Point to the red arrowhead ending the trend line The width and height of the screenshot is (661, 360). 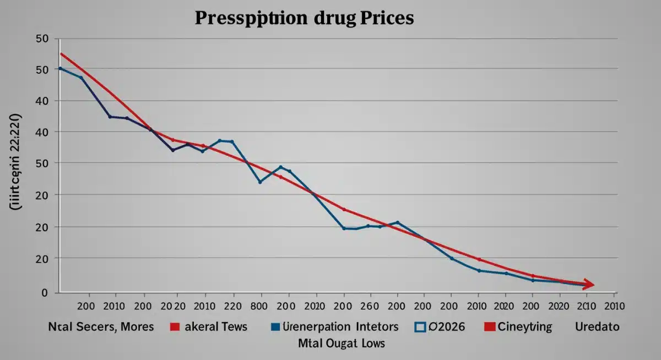pyautogui.click(x=589, y=285)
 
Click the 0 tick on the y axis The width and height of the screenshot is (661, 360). pyautogui.click(x=45, y=292)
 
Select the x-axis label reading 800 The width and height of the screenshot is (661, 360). pyautogui.click(x=259, y=305)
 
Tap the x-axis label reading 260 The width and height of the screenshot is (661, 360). pyautogui.click(x=370, y=305)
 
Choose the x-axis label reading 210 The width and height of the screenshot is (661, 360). pyautogui.click(x=586, y=305)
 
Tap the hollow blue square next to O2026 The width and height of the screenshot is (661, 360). pyautogui.click(x=420, y=327)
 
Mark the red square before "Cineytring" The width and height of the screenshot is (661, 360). pyautogui.click(x=489, y=327)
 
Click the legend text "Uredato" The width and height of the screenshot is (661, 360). pyautogui.click(x=597, y=326)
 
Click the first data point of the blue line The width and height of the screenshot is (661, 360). pyautogui.click(x=61, y=68)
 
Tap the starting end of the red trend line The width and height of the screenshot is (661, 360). pyautogui.click(x=61, y=54)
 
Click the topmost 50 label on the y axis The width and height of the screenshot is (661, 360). pyautogui.click(x=42, y=39)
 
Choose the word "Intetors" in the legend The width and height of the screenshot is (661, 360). pyautogui.click(x=373, y=326)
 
